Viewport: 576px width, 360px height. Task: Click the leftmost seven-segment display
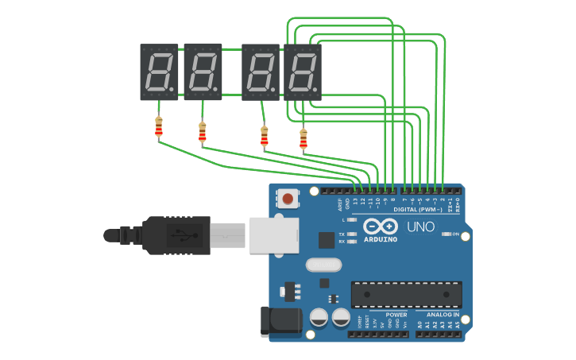(159, 72)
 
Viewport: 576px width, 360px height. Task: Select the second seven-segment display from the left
(203, 72)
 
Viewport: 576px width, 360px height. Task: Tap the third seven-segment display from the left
(261, 72)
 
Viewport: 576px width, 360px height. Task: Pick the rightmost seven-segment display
(303, 72)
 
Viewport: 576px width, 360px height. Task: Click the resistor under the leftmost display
(159, 126)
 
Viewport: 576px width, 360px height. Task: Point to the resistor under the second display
(202, 132)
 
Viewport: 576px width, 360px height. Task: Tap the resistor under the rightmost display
(303, 139)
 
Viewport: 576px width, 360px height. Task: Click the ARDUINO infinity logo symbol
(381, 226)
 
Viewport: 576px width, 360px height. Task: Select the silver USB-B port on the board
(274, 235)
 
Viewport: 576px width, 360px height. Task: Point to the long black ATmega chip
(406, 294)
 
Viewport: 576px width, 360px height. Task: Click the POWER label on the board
(396, 315)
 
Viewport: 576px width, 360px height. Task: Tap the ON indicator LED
(446, 234)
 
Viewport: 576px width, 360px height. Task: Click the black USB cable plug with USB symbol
(179, 235)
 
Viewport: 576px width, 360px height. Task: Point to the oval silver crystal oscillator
(322, 265)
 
